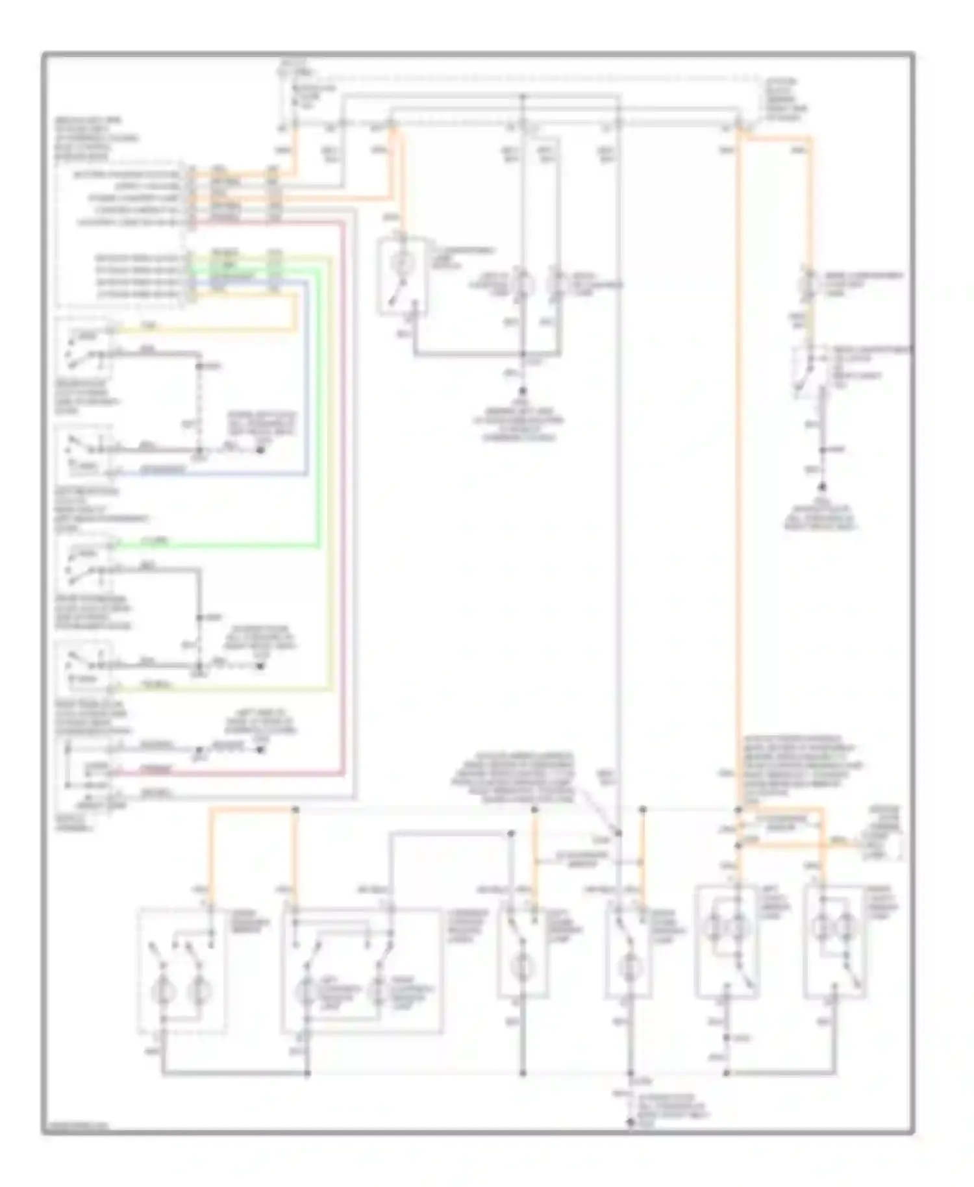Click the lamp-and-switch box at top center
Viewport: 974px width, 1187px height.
tap(403, 277)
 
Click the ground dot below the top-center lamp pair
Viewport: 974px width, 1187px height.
tap(521, 392)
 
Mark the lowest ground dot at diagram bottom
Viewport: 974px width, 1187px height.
tap(630, 1122)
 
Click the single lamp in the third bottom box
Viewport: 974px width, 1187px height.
tap(522, 968)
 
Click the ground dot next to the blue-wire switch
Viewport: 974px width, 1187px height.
tap(260, 449)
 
